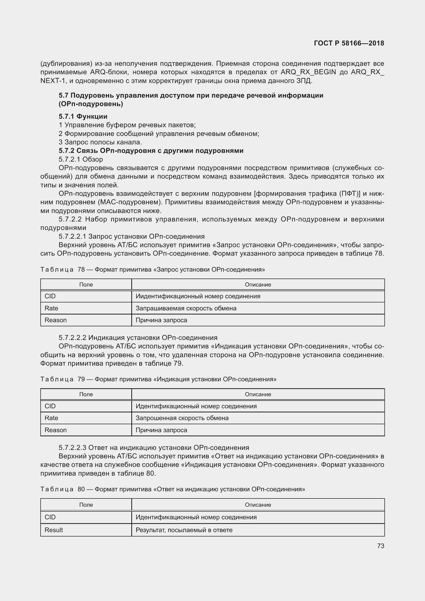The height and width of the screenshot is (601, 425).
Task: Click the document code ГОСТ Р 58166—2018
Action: click(x=349, y=43)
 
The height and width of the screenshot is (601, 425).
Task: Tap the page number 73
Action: click(x=381, y=546)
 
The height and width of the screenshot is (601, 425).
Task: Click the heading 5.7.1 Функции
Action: click(x=83, y=116)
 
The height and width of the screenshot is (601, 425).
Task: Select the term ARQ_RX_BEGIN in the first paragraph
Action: click(x=308, y=72)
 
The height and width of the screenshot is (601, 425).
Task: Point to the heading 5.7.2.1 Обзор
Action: click(x=81, y=159)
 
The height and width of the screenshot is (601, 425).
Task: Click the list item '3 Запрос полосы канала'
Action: click(x=100, y=142)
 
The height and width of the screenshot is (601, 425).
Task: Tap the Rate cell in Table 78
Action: click(x=51, y=308)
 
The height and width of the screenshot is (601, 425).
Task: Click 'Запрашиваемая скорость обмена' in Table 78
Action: click(x=186, y=308)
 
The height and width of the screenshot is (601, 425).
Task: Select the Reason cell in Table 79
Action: click(x=56, y=430)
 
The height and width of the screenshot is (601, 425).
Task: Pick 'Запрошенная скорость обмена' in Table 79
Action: click(x=182, y=418)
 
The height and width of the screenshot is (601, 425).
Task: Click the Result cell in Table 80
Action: click(x=54, y=530)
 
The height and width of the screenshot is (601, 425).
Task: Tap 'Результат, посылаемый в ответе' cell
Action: click(x=184, y=530)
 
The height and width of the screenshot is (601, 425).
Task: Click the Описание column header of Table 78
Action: click(x=258, y=284)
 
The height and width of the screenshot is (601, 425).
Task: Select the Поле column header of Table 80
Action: click(x=86, y=505)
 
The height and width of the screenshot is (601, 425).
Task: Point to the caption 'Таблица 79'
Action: click(x=62, y=379)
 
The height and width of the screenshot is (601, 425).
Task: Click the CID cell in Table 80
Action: click(x=50, y=517)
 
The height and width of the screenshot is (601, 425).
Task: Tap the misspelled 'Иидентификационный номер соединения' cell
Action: click(x=198, y=296)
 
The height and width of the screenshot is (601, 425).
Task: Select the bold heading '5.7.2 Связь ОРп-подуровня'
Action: click(x=151, y=151)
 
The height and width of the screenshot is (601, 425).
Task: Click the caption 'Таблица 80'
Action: click(x=62, y=489)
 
